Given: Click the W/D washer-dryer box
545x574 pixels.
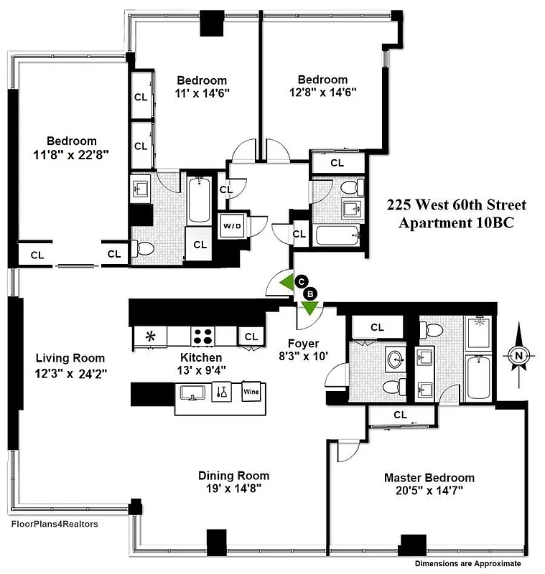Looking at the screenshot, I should pyautogui.click(x=233, y=227).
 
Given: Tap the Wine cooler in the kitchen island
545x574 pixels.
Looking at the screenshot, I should pyautogui.click(x=251, y=392).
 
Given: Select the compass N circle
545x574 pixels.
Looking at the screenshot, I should pyautogui.click(x=518, y=354).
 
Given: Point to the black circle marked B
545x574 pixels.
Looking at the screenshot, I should pyautogui.click(x=311, y=293).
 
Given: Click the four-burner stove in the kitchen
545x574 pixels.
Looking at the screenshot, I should pyautogui.click(x=203, y=336).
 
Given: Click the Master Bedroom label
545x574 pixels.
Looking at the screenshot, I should pyautogui.click(x=429, y=478).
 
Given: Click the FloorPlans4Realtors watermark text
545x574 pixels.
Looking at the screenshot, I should pyautogui.click(x=55, y=524).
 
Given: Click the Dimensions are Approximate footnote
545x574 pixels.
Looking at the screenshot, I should pyautogui.click(x=477, y=564).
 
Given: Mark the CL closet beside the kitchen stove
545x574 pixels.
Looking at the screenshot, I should pyautogui.click(x=251, y=337).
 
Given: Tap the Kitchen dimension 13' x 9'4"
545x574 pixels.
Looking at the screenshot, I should pyautogui.click(x=201, y=370).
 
